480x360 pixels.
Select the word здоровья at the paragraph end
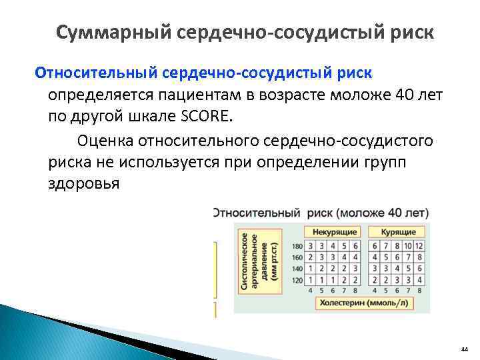point(83,183)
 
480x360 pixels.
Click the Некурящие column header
point(332,232)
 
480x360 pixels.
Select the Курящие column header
point(398,232)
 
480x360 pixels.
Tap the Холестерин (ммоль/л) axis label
point(363,303)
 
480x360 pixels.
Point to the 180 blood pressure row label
point(297,246)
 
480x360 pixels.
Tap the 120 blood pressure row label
point(297,280)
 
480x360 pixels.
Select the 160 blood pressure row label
point(297,257)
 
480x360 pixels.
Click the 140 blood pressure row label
point(297,269)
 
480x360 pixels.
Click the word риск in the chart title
point(320,213)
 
